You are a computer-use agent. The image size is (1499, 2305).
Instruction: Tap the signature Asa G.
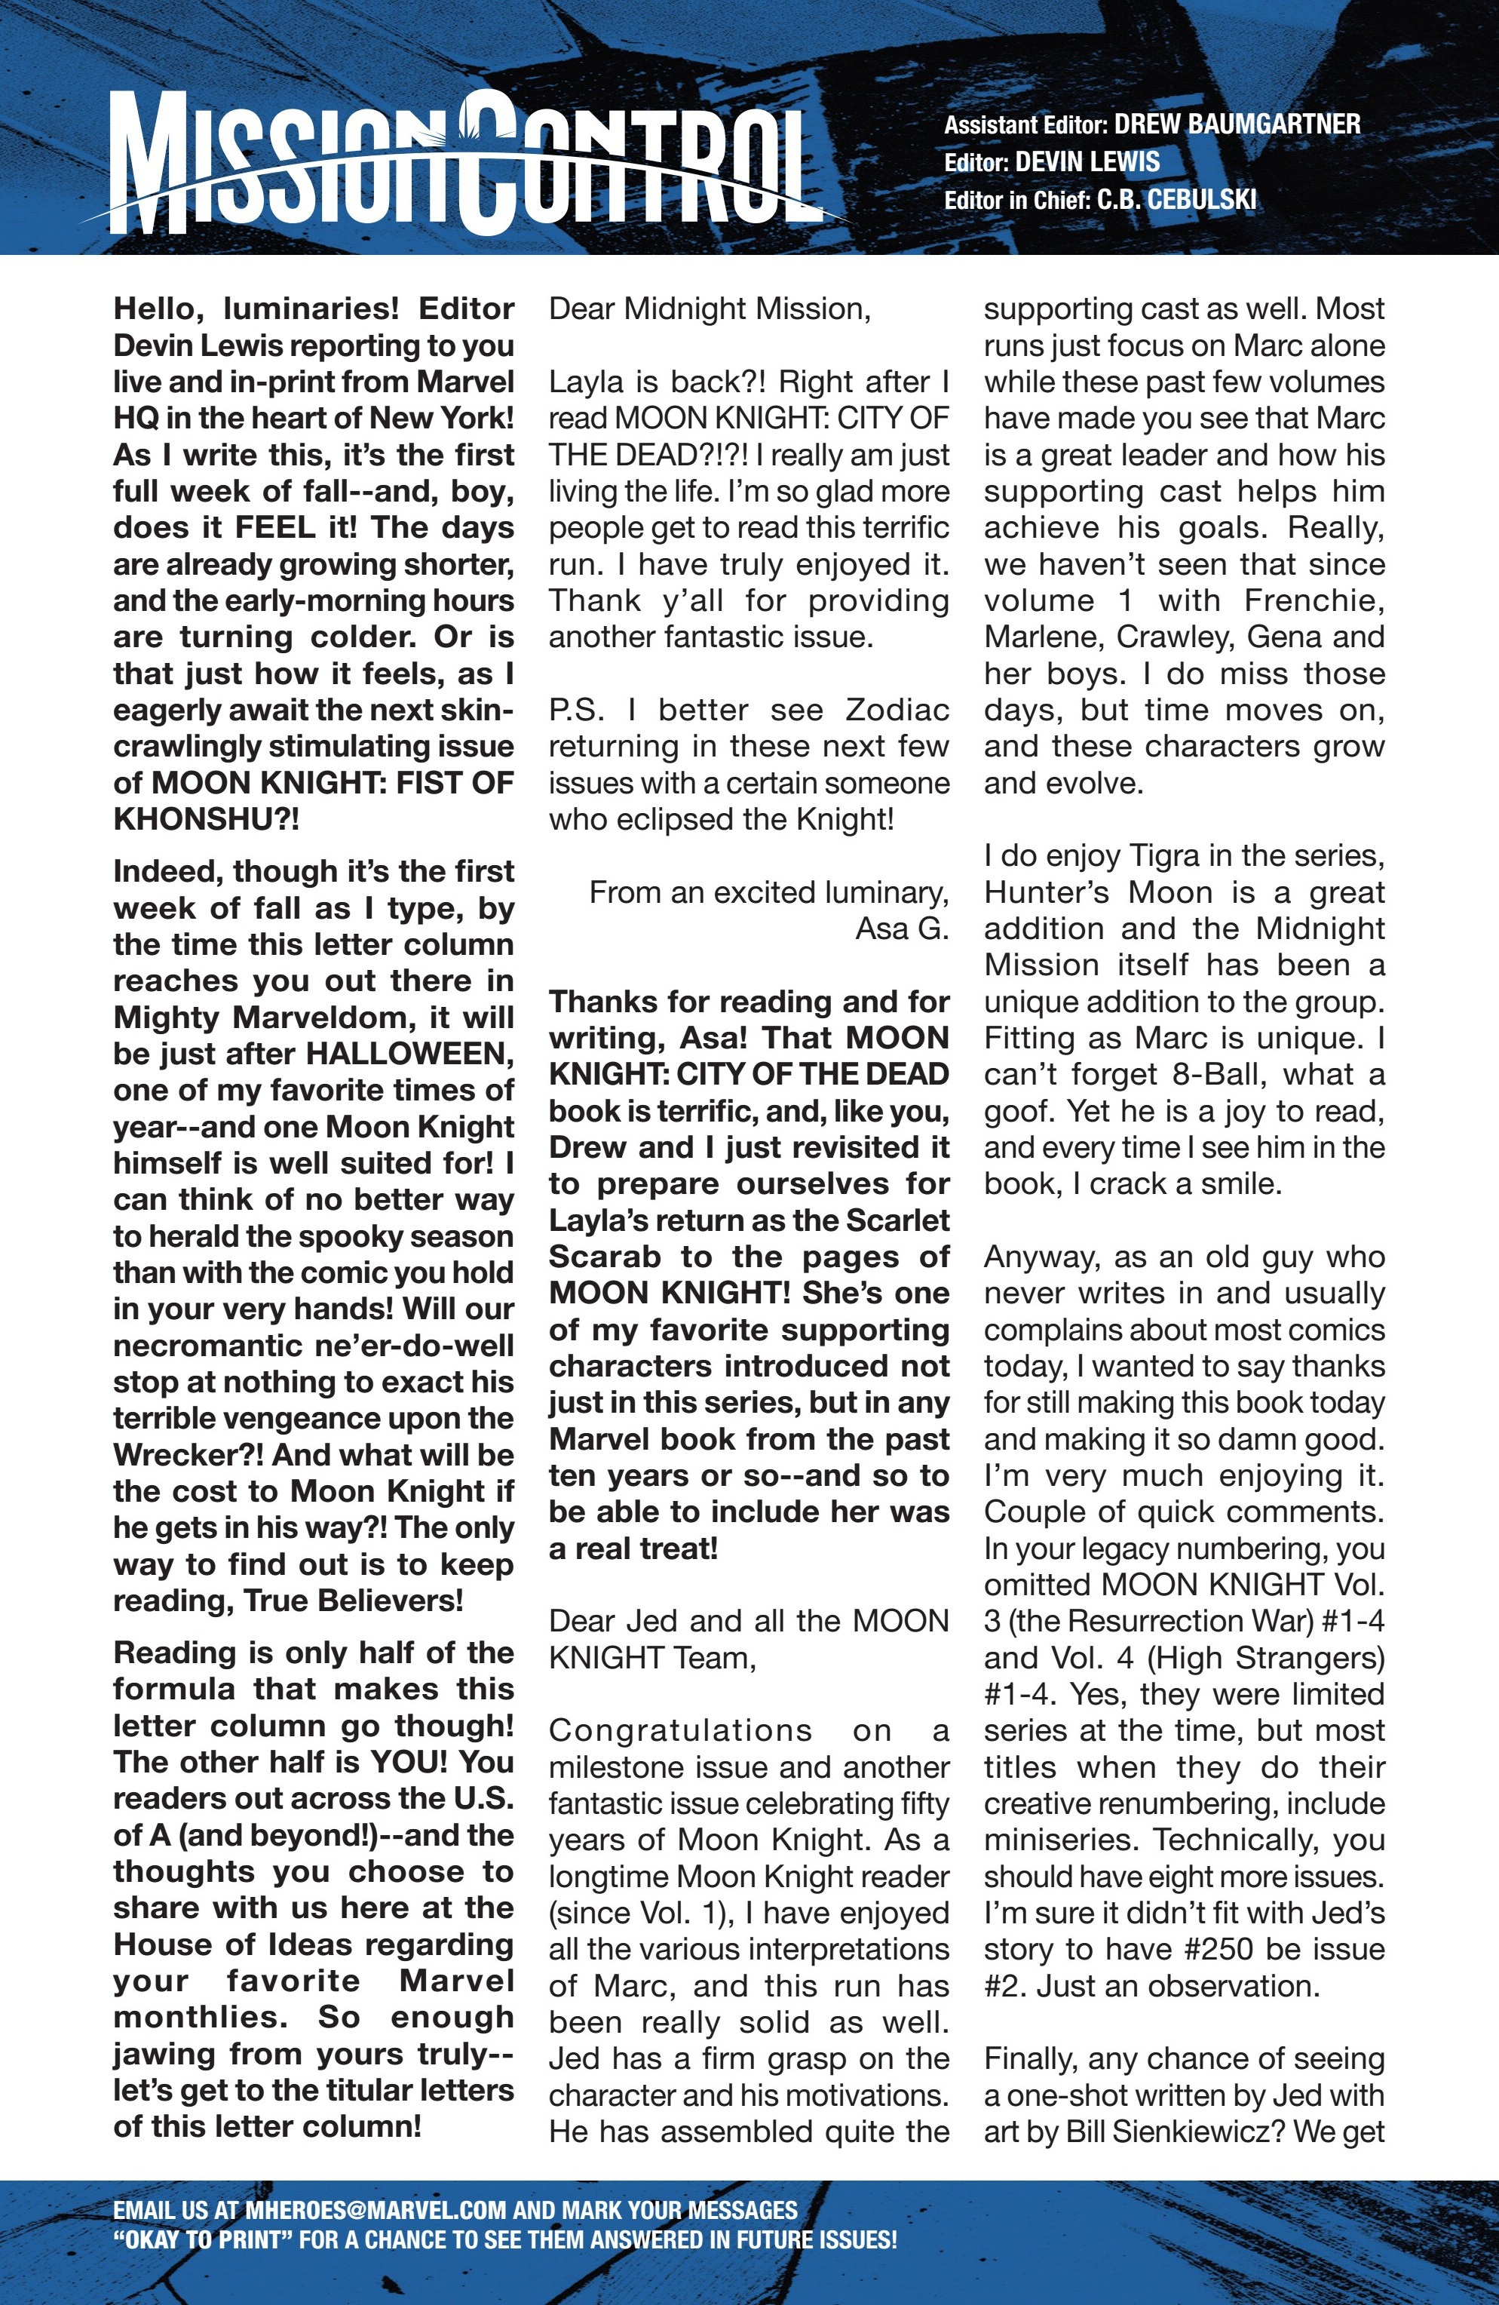902,928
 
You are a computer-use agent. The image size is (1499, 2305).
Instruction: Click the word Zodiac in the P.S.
897,710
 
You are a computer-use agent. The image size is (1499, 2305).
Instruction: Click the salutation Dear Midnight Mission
709,309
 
